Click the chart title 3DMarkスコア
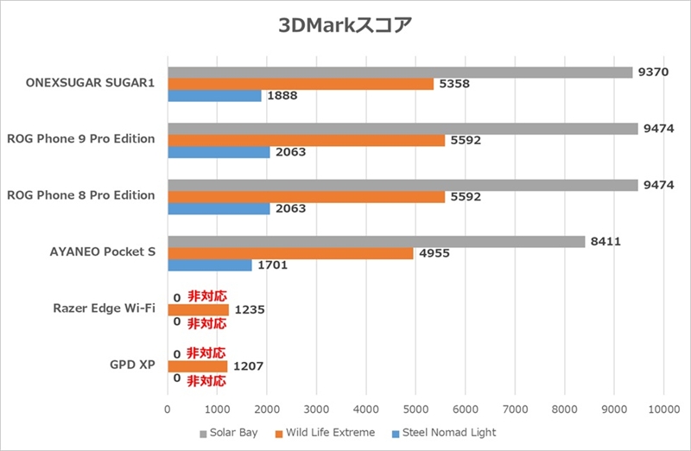pyautogui.click(x=345, y=25)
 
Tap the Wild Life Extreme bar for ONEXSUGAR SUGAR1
pyautogui.click(x=301, y=84)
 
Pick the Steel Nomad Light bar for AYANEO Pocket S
pyautogui.click(x=210, y=265)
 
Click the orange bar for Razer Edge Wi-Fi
pyautogui.click(x=198, y=309)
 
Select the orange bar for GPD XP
pyautogui.click(x=197, y=365)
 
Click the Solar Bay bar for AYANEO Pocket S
pyautogui.click(x=376, y=242)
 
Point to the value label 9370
pyautogui.click(x=653, y=73)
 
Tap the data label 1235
pyautogui.click(x=249, y=309)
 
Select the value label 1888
pyautogui.click(x=282, y=96)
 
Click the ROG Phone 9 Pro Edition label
pyautogui.click(x=80, y=138)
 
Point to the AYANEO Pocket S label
pyautogui.click(x=103, y=251)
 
